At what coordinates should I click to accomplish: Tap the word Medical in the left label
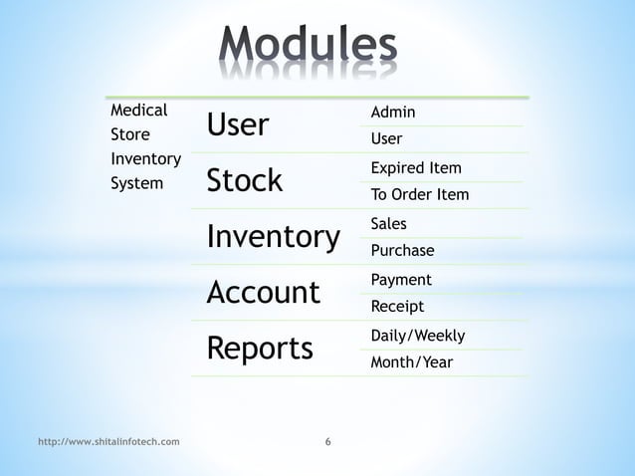pos(138,111)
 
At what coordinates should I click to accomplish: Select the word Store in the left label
pos(130,134)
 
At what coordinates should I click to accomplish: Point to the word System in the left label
pos(136,183)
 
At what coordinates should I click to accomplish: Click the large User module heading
pos(237,125)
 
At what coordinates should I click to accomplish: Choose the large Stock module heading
pos(244,181)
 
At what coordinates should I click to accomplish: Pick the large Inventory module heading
pos(273,237)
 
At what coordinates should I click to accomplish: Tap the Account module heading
pos(263,293)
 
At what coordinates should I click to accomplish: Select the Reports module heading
pos(259,349)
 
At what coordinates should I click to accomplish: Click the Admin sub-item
pos(393,113)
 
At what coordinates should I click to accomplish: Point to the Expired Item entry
pos(416,168)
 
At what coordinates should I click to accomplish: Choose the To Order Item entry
pos(419,194)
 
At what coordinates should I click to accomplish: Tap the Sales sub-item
pos(388,224)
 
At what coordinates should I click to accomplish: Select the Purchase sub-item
pos(402,250)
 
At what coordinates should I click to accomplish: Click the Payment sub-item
pos(400,280)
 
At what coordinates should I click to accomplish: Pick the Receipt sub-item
pos(397,306)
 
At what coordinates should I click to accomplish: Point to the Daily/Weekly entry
pos(417,336)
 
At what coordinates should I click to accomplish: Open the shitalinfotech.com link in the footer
pos(108,440)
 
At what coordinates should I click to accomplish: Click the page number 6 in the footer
pos(328,440)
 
